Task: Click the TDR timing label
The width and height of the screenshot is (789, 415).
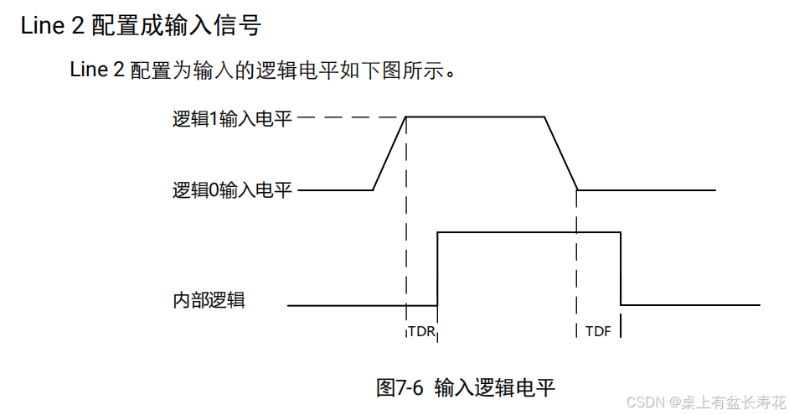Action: pos(421,331)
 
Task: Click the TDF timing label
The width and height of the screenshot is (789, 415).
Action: pos(598,331)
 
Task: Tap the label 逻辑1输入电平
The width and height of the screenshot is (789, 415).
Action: pos(232,119)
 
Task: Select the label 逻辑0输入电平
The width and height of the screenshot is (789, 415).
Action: pos(232,190)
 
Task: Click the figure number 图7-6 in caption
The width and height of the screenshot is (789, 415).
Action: pos(400,387)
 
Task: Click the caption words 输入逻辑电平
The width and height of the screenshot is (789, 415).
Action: pos(495,387)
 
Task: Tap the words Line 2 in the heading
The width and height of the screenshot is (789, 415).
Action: pos(51,25)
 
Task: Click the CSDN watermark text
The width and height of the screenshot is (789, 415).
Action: pos(645,402)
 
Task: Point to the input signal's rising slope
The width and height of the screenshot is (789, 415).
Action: pos(389,153)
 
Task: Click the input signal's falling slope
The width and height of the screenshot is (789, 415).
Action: pos(561,153)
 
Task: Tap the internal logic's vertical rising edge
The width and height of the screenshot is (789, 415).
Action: pos(437,268)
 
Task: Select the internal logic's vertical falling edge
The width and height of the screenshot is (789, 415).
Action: pos(621,268)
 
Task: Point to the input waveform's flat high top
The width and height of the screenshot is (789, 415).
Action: pos(475,117)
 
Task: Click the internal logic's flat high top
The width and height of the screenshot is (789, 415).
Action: pos(529,231)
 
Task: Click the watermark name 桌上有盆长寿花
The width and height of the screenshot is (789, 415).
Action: pos(734,402)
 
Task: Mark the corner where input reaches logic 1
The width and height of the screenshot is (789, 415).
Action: pos(406,117)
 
